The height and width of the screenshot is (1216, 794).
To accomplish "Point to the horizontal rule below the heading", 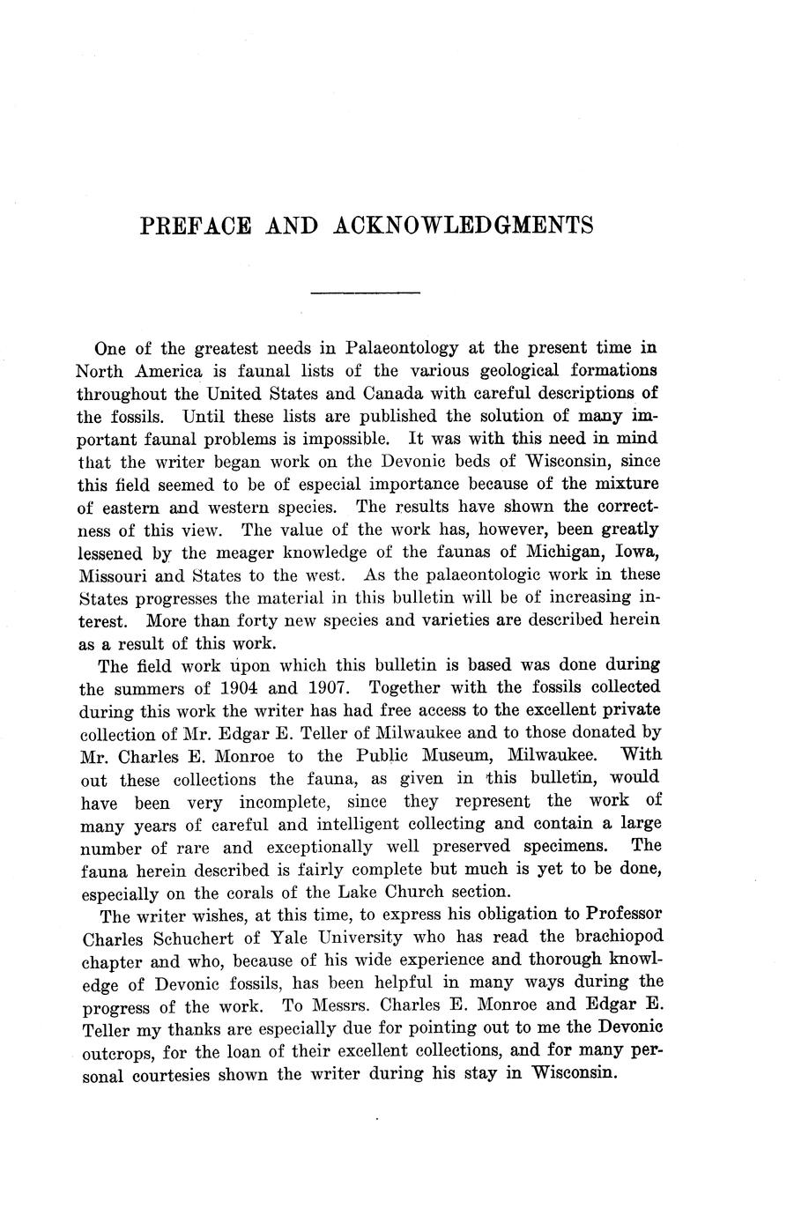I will click(366, 292).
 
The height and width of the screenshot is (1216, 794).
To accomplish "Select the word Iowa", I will click(634, 552).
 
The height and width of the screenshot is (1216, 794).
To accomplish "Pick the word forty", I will click(282, 619).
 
